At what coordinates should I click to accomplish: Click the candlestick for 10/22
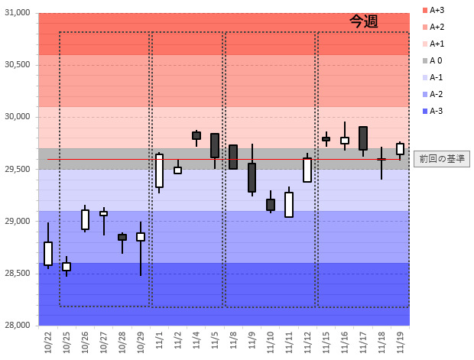pyautogui.click(x=48, y=253)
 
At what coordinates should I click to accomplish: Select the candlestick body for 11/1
pyautogui.click(x=159, y=170)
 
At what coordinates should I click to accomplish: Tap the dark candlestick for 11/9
pyautogui.click(x=252, y=177)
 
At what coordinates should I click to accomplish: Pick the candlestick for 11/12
pyautogui.click(x=307, y=170)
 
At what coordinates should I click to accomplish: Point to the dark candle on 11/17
pyautogui.click(x=363, y=138)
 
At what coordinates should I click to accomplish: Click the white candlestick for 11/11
pyautogui.click(x=289, y=204)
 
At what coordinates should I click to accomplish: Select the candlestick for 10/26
pyautogui.click(x=85, y=219)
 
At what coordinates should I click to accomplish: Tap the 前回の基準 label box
pyautogui.click(x=441, y=159)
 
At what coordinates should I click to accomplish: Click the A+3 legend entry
pyautogui.click(x=437, y=10)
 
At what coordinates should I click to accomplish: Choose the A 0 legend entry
pyautogui.click(x=436, y=60)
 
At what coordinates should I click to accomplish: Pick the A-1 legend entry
pyautogui.click(x=436, y=77)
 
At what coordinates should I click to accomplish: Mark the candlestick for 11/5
pyautogui.click(x=215, y=145)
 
